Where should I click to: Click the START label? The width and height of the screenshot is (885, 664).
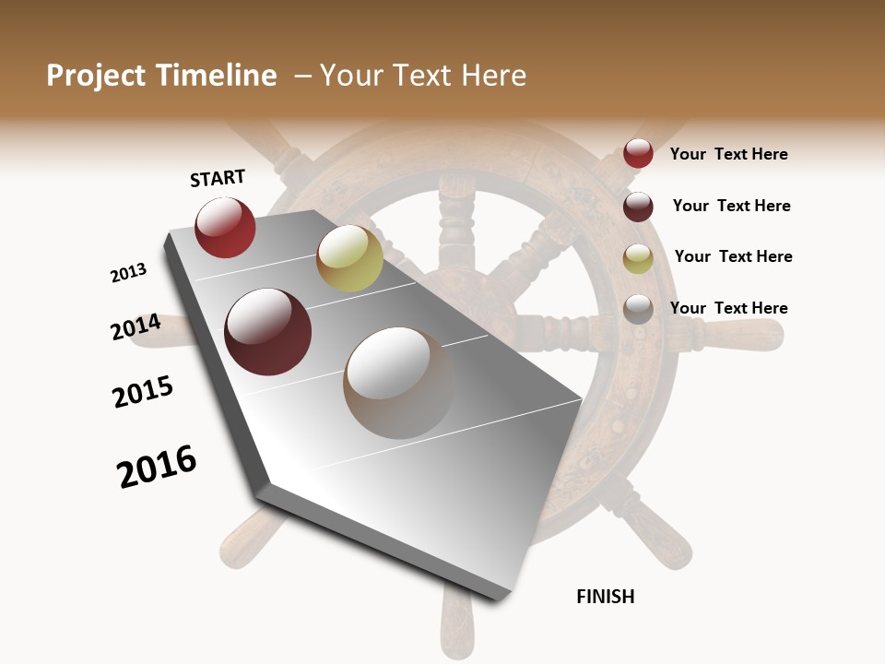pyautogui.click(x=218, y=178)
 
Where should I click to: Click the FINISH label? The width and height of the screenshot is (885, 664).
pyautogui.click(x=606, y=597)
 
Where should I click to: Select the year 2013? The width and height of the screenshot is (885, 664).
pyautogui.click(x=129, y=273)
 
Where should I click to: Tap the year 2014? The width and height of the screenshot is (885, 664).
pyautogui.click(x=136, y=327)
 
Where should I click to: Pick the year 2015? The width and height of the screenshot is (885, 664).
pyautogui.click(x=143, y=392)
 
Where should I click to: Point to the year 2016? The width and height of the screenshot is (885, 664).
pyautogui.click(x=158, y=467)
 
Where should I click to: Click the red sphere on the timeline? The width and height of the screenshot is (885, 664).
pyautogui.click(x=225, y=227)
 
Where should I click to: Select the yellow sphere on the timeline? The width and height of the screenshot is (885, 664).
pyautogui.click(x=349, y=258)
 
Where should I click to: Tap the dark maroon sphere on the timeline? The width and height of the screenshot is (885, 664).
pyautogui.click(x=268, y=332)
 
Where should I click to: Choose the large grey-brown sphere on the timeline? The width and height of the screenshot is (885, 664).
pyautogui.click(x=399, y=383)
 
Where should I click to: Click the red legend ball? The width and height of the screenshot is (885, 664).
pyautogui.click(x=638, y=153)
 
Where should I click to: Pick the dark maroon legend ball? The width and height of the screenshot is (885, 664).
pyautogui.click(x=638, y=207)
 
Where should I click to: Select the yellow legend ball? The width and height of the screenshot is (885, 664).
pyautogui.click(x=638, y=258)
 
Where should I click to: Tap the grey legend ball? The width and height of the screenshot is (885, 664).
pyautogui.click(x=638, y=309)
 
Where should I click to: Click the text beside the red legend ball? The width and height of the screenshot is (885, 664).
pyautogui.click(x=729, y=155)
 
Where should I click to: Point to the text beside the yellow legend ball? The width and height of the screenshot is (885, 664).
pyautogui.click(x=734, y=256)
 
